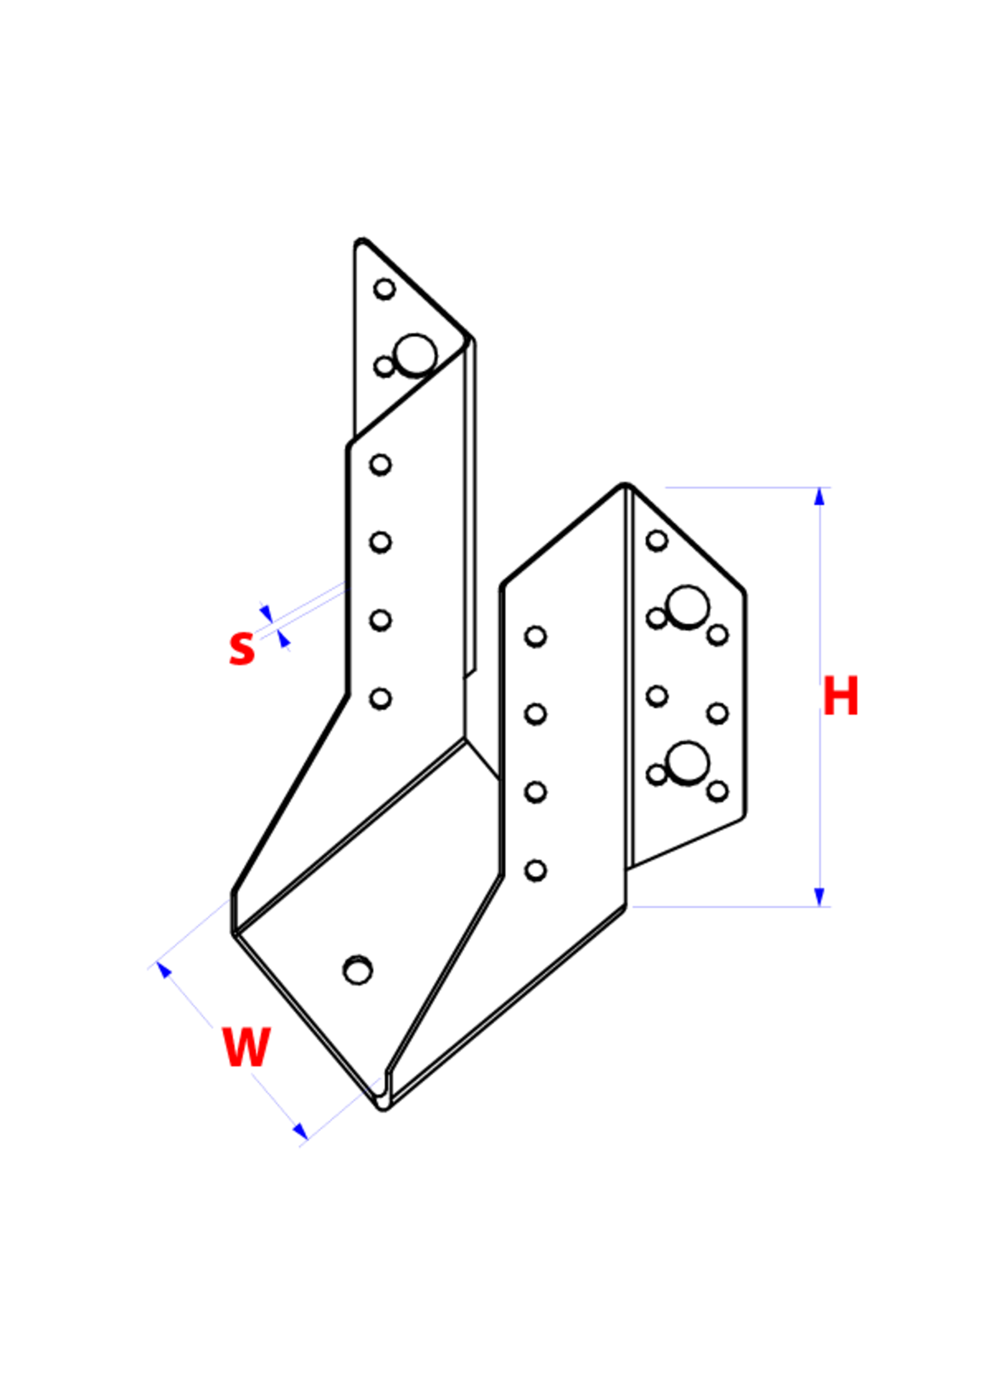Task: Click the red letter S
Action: coord(242,648)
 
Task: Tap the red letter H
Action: coord(841,696)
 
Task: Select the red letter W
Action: coord(247,1046)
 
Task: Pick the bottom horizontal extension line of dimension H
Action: coord(732,907)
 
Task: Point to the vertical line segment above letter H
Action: coord(820,592)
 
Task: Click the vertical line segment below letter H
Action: coord(820,799)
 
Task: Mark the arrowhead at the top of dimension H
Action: coord(819,500)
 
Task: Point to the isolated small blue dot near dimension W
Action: coord(377,1081)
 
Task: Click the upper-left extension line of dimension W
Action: coord(187,934)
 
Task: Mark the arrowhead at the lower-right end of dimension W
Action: coord(297,1129)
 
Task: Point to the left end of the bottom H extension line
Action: coord(632,907)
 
